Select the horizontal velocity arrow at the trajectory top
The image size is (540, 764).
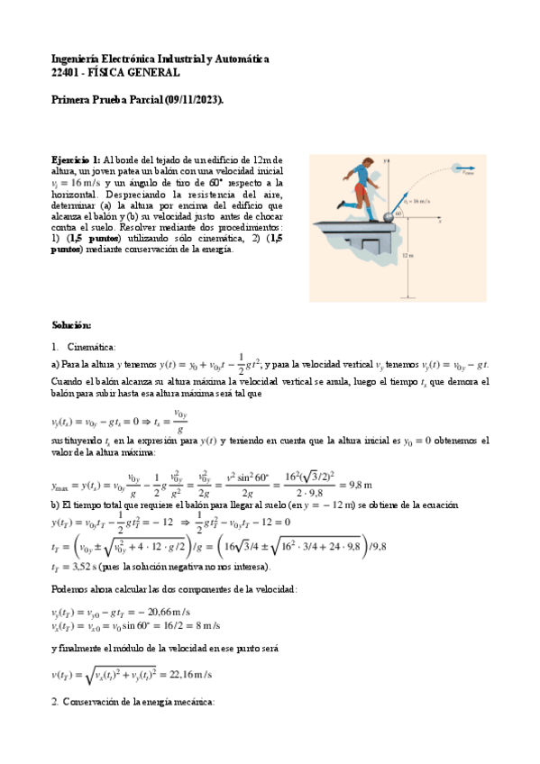point(464,175)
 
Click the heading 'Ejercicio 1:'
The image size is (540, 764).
point(77,160)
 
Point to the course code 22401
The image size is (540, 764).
point(67,72)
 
